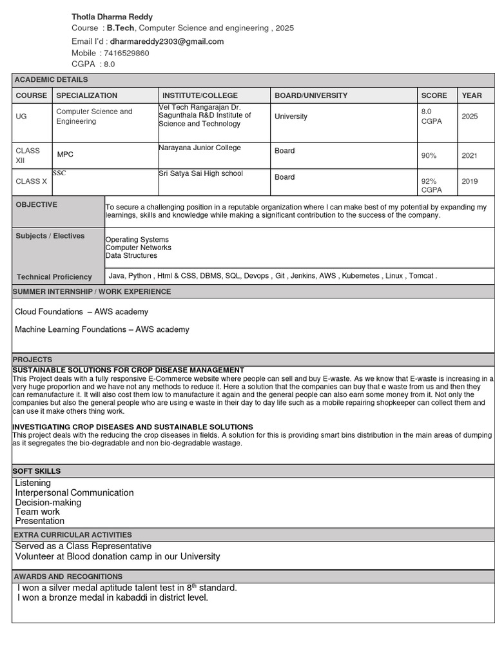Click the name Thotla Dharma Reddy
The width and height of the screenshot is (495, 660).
(112, 16)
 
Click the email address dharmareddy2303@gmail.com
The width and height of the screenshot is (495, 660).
(167, 41)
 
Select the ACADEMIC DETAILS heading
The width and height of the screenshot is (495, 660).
(52, 79)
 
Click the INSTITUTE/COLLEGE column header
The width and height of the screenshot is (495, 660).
(200, 95)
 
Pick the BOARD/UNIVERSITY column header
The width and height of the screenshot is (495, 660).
(311, 95)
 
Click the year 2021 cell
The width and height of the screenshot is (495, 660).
(470, 156)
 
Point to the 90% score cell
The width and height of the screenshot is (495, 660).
(429, 156)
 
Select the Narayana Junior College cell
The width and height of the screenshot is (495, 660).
(200, 148)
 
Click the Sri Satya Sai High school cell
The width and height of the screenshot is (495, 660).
(200, 173)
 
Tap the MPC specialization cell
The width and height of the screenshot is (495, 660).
(65, 155)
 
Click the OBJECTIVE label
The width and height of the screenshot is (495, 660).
(37, 204)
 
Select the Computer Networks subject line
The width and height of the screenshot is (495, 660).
(138, 247)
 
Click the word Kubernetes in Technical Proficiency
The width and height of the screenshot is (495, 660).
(360, 276)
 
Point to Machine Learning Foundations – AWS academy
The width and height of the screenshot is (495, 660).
(102, 329)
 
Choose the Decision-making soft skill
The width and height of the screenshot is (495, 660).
(48, 502)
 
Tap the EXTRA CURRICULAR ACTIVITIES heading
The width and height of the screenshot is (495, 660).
(73, 535)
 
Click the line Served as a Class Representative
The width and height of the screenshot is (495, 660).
(83, 546)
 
